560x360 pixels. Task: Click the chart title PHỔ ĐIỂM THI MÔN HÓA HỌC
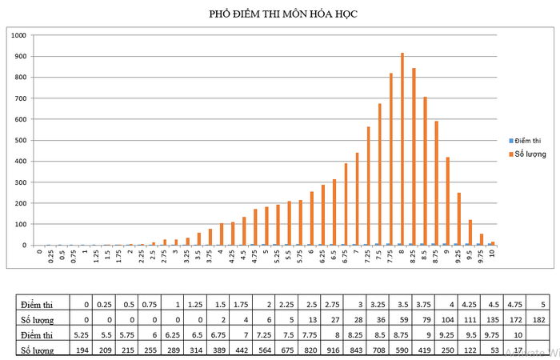coord(280,14)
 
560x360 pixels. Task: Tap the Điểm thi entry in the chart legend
coord(529,139)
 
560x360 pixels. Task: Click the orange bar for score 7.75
coord(391,159)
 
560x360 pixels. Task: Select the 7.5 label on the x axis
coord(379,257)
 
